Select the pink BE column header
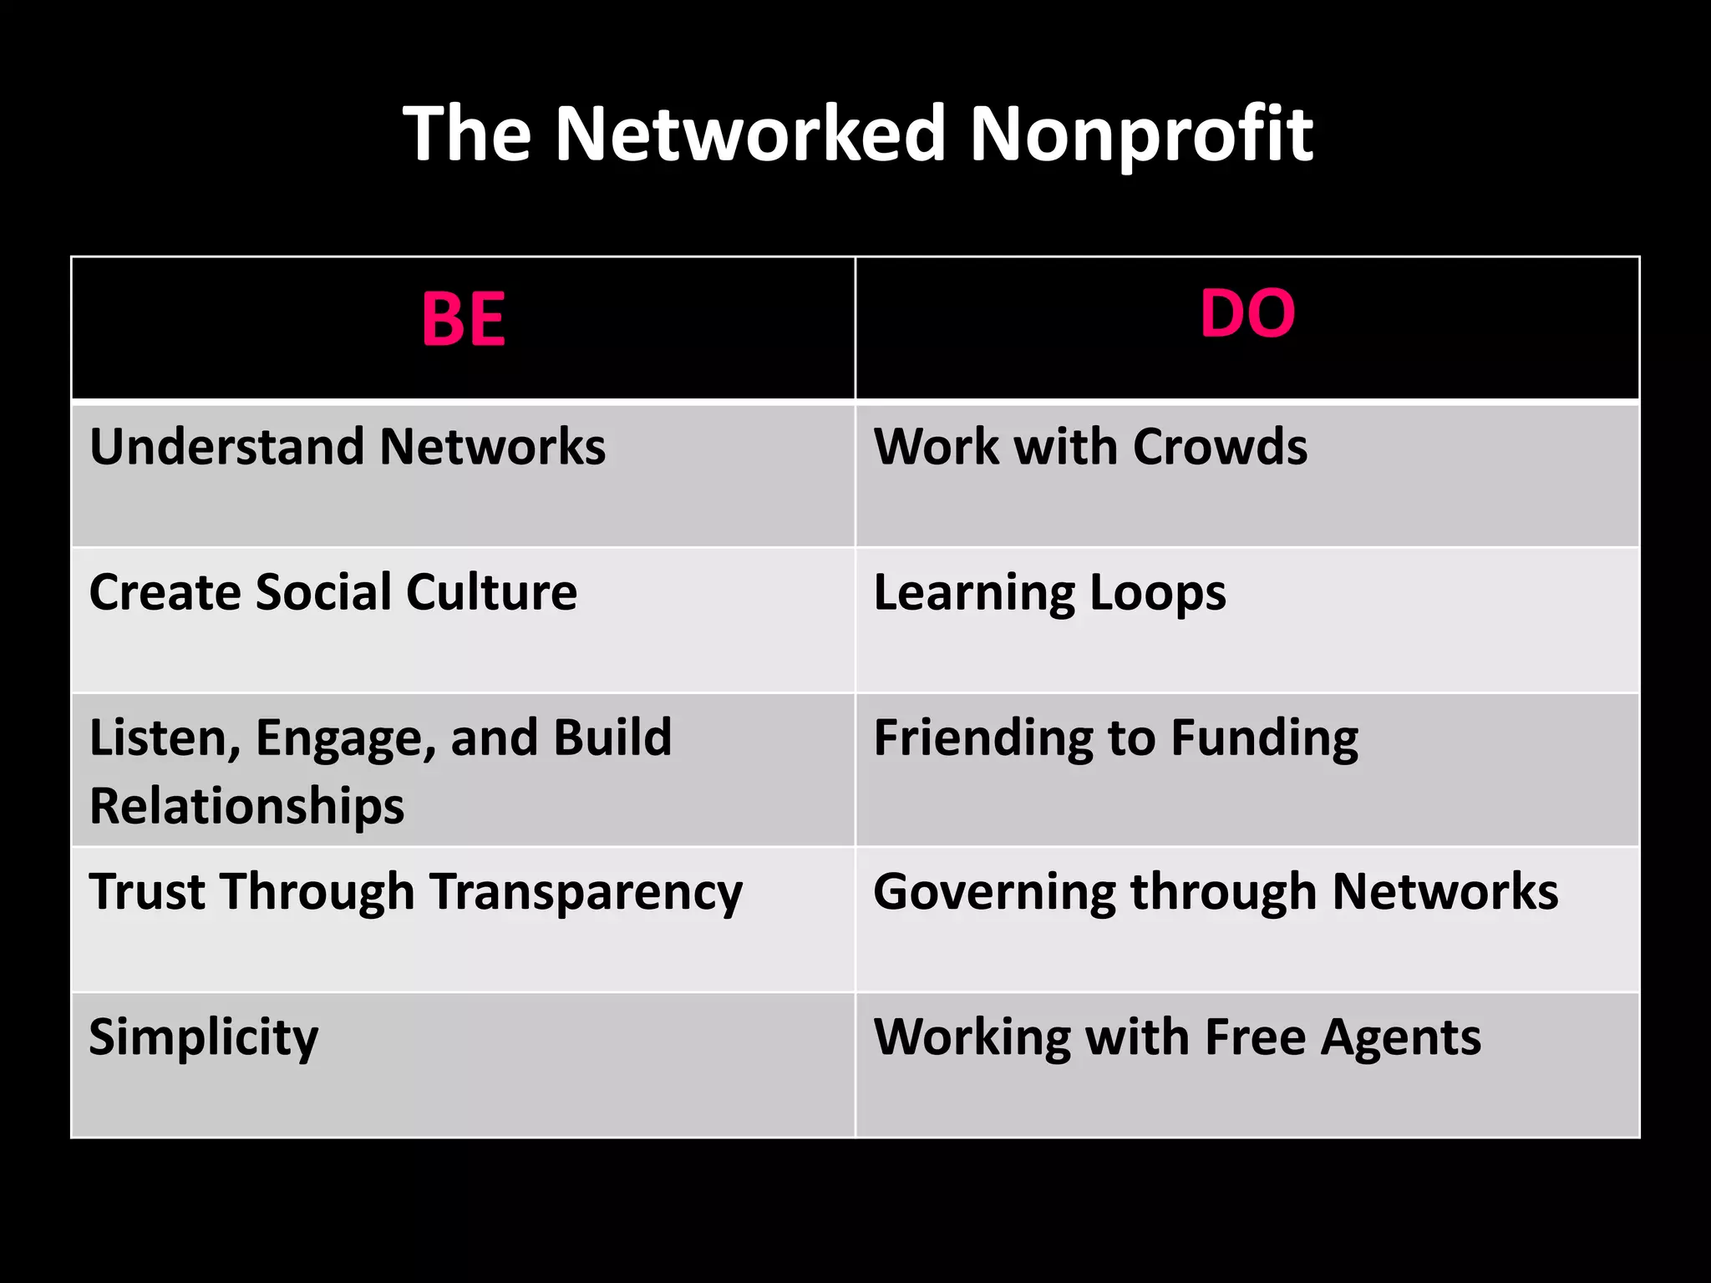(464, 319)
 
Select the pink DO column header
(1247, 314)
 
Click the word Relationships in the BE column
(246, 806)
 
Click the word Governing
(994, 892)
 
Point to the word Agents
(1401, 1037)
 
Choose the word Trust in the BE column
(147, 892)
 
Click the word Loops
(1157, 592)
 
